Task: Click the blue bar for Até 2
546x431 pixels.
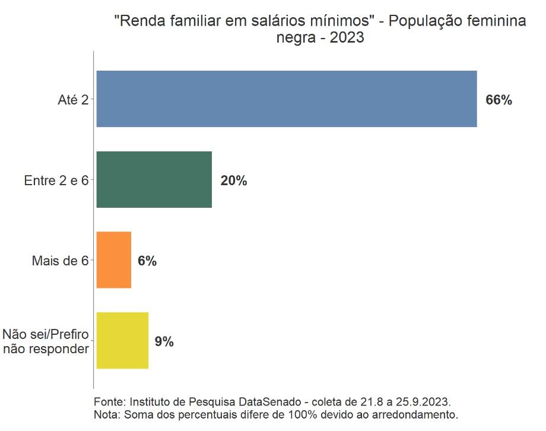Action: (x=286, y=99)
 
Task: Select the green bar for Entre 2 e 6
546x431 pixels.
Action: (x=154, y=180)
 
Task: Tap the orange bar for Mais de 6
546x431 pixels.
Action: (x=113, y=260)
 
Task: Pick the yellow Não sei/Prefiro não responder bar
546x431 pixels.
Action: (x=122, y=341)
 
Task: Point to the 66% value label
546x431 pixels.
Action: (x=499, y=100)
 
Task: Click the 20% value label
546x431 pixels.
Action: (x=233, y=181)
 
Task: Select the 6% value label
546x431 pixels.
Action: (x=147, y=261)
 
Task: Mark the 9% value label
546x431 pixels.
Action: (x=164, y=342)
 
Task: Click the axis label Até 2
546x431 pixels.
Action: (x=73, y=100)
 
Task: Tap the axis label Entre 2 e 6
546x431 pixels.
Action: (x=56, y=181)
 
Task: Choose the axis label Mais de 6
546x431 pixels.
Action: (x=60, y=261)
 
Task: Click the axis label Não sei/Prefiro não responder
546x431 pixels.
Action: (x=46, y=342)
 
